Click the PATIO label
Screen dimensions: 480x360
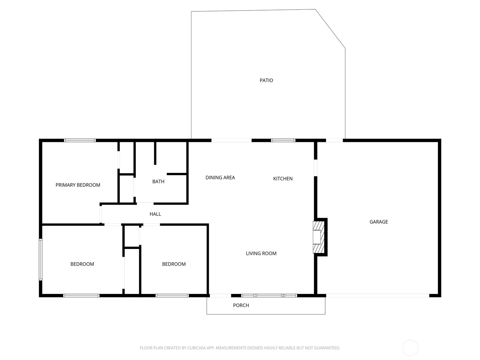[266, 80]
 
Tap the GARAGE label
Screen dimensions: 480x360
[379, 222]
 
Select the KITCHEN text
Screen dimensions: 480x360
[283, 178]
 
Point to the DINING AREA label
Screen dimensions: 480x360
[220, 178]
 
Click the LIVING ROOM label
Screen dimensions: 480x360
[261, 253]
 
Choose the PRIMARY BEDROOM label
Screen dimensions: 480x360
[78, 185]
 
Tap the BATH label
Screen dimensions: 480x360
[158, 181]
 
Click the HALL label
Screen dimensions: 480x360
[155, 214]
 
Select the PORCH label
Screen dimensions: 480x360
[241, 305]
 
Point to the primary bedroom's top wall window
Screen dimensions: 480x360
[80, 140]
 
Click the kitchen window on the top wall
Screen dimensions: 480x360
[283, 140]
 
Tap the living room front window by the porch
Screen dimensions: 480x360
[269, 295]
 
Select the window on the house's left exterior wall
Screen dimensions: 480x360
[40, 259]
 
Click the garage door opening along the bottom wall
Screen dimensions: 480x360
[378, 295]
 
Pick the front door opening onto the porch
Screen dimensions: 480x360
[220, 295]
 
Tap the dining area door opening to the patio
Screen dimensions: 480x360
[231, 140]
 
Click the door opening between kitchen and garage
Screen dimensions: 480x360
[316, 168]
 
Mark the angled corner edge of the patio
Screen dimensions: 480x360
[330, 28]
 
